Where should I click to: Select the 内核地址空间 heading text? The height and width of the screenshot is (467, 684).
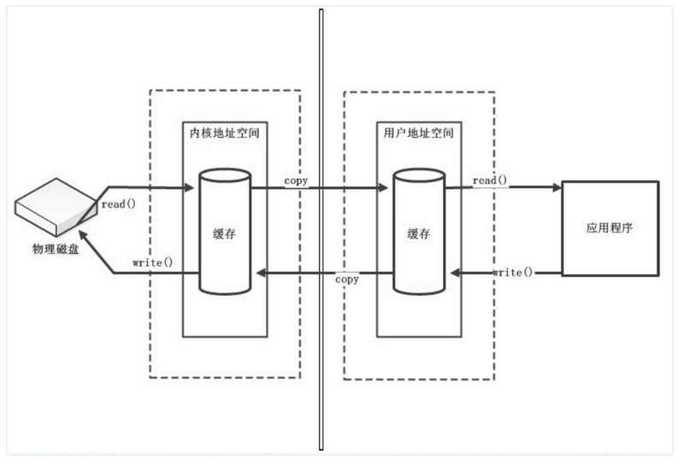tap(224, 133)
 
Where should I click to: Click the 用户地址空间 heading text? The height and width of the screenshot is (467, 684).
tap(419, 133)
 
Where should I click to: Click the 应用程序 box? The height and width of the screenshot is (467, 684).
tap(609, 228)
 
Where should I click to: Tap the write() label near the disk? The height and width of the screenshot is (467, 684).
tap(152, 261)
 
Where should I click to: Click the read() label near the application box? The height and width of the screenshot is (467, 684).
tap(490, 181)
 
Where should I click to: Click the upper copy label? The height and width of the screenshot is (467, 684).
tap(295, 181)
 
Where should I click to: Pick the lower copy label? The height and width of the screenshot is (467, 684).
tap(346, 279)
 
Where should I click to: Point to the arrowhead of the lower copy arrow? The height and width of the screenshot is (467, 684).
tap(262, 273)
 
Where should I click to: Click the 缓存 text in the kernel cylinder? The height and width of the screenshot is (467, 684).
tap(224, 233)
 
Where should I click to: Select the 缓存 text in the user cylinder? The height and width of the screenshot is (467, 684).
tap(418, 233)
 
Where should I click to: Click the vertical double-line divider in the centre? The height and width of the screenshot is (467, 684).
tap(321, 231)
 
